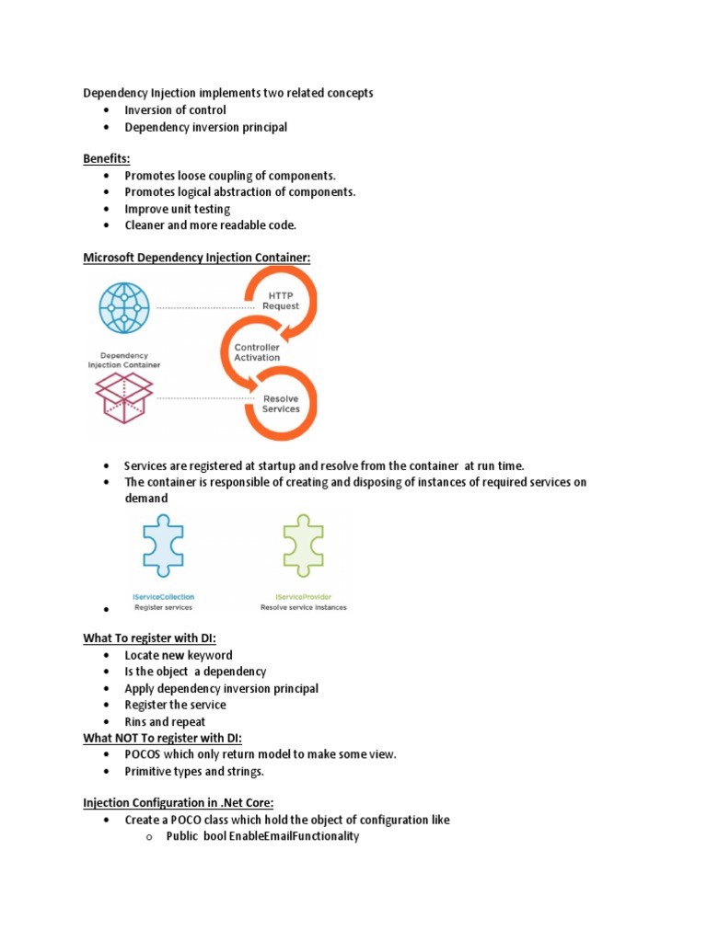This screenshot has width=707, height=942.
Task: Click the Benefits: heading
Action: [x=107, y=159]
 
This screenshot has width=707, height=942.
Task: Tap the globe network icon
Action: [x=123, y=307]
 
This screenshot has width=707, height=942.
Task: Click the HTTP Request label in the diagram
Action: [x=281, y=300]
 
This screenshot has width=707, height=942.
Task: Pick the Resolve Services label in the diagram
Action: [x=281, y=404]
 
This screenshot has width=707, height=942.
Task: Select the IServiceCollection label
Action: [x=165, y=596]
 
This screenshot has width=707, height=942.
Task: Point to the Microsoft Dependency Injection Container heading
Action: [x=197, y=258]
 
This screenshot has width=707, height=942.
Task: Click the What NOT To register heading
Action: [x=163, y=738]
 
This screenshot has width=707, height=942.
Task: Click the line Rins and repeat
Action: [x=166, y=722]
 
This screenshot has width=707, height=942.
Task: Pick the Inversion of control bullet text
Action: [x=175, y=110]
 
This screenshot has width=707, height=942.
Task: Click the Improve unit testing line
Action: [x=178, y=209]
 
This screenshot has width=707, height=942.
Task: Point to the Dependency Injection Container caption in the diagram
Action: [x=123, y=360]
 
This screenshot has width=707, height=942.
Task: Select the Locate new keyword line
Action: [x=179, y=655]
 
